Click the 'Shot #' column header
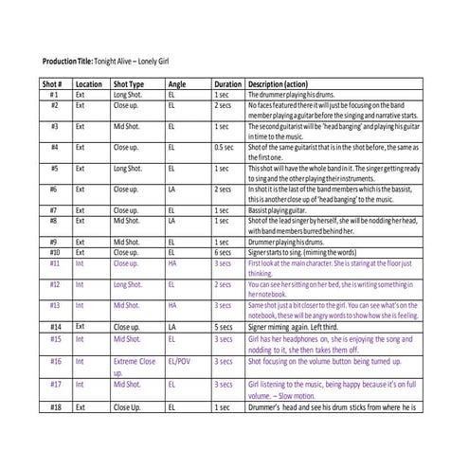point(52,84)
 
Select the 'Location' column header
point(88,84)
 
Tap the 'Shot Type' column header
point(129,84)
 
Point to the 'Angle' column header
point(177,84)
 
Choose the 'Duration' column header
point(228,84)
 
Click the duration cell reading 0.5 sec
point(225,148)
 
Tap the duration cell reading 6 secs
point(224,253)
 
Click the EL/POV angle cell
point(177,362)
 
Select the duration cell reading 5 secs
point(224,327)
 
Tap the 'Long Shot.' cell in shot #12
point(128,284)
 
